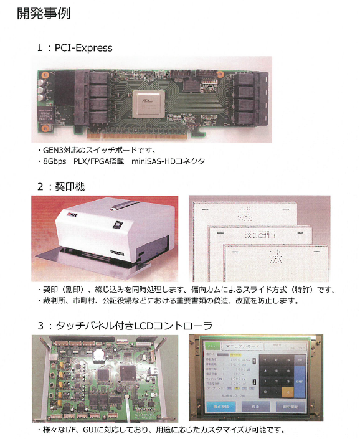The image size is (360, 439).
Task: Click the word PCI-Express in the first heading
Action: [x=83, y=47]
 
